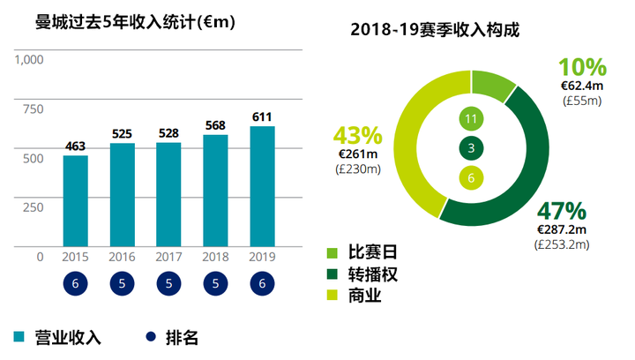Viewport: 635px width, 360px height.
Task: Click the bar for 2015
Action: (x=75, y=200)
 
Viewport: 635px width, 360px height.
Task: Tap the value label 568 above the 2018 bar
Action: (x=215, y=124)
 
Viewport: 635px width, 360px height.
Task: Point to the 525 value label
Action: (x=122, y=133)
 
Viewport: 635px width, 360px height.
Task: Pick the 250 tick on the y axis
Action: (x=33, y=207)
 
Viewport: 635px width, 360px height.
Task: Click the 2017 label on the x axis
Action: (x=168, y=257)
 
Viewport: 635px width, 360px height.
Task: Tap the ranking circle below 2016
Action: (x=122, y=284)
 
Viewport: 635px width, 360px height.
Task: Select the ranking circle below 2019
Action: (x=262, y=284)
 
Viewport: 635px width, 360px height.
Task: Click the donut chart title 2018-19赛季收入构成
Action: (x=435, y=29)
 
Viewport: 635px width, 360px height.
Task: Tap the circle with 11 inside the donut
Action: (x=471, y=118)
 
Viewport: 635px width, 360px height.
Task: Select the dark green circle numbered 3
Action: (x=471, y=148)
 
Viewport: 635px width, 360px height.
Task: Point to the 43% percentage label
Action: (x=357, y=136)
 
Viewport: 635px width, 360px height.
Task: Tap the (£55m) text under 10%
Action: (x=582, y=101)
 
